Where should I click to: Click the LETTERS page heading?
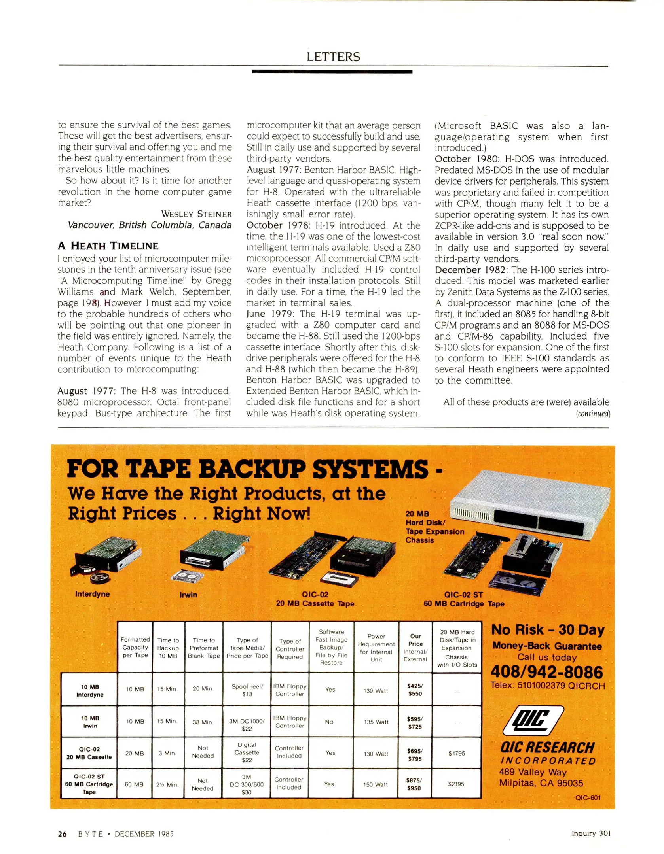[333, 57]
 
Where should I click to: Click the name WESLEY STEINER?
[196, 214]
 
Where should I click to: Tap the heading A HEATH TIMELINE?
[108, 246]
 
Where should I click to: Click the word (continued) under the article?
[593, 414]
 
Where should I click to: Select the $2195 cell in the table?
[456, 784]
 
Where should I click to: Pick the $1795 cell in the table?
[456, 753]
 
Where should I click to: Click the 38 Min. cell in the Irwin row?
[203, 722]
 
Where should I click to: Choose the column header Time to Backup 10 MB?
[168, 647]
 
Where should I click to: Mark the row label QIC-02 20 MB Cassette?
[89, 753]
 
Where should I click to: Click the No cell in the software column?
[329, 722]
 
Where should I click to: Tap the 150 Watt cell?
[375, 784]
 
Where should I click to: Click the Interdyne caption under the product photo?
[92, 594]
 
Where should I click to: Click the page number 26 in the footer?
[62, 834]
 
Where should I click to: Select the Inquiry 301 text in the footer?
[591, 833]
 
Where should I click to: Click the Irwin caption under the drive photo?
[188, 595]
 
